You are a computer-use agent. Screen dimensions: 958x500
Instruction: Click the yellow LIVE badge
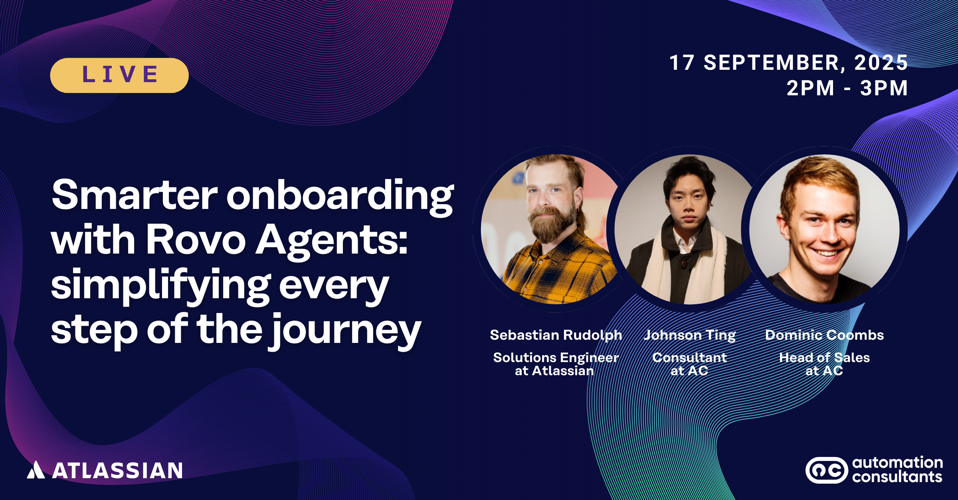click(x=119, y=75)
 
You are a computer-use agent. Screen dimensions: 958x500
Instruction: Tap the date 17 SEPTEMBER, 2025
click(x=789, y=63)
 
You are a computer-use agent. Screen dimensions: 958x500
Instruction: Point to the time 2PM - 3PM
click(x=847, y=88)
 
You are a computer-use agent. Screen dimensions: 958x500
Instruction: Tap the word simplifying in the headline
click(x=161, y=285)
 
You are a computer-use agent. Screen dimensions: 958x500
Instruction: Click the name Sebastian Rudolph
click(x=556, y=335)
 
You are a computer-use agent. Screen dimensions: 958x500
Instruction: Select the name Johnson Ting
click(x=689, y=335)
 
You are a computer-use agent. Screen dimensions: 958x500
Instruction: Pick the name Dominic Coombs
click(x=824, y=335)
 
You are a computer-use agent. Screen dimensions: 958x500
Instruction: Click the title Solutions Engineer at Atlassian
click(x=556, y=364)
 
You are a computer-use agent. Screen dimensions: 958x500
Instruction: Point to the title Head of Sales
click(x=824, y=358)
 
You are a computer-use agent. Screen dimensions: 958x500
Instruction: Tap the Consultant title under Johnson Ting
click(x=689, y=358)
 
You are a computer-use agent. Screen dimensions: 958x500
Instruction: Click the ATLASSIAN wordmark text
click(x=118, y=470)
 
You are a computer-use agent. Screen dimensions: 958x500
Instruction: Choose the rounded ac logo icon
click(x=827, y=470)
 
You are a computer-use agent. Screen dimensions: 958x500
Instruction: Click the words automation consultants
click(x=897, y=470)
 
